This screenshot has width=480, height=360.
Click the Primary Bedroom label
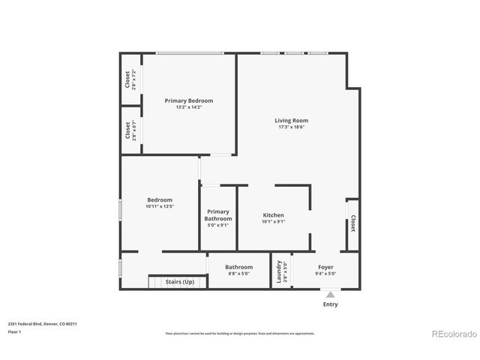pos(189,100)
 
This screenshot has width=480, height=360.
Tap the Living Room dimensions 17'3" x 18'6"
pos(291,127)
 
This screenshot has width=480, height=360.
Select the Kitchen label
pos(273,215)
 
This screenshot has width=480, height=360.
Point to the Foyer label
pos(325,267)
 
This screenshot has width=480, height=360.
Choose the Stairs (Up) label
pos(179,281)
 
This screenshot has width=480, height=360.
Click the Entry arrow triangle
pos(330,295)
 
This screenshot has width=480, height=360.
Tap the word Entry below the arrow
pos(330,304)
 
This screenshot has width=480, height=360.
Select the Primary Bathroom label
pos(218,215)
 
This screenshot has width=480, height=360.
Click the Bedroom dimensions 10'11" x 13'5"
pos(160,206)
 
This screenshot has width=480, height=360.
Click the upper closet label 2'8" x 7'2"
pos(133,79)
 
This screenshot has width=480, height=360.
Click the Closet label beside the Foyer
pos(352,223)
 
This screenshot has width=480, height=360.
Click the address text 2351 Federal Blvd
pos(43,323)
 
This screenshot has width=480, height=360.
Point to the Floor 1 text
pos(14,331)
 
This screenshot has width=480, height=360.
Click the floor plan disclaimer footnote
pos(240,333)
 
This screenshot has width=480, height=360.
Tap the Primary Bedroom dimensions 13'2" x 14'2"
pos(189,107)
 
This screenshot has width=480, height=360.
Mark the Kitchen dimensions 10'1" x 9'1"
pos(273,222)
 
